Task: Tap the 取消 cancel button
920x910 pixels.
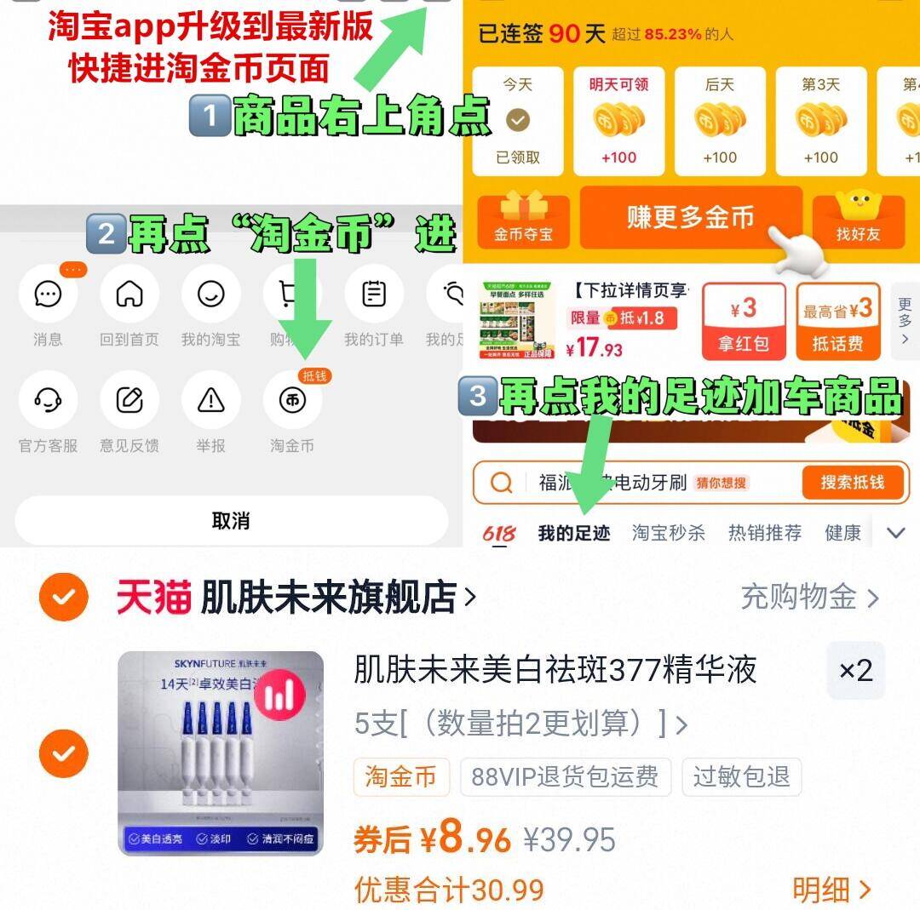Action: click(230, 520)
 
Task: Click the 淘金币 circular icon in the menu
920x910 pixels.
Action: click(292, 400)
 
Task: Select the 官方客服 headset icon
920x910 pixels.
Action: click(48, 400)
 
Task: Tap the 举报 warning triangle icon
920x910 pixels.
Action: click(210, 400)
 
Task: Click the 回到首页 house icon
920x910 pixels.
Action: click(129, 295)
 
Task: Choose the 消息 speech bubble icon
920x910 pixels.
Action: click(48, 295)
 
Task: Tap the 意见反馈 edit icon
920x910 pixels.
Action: click(129, 400)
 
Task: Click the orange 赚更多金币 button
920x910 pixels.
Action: click(691, 218)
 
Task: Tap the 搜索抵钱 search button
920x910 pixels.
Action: click(852, 483)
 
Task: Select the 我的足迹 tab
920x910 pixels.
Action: click(574, 534)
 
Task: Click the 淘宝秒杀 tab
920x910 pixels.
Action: click(669, 534)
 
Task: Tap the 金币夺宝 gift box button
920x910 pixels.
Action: click(522, 220)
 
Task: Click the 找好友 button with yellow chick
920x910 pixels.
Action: click(858, 220)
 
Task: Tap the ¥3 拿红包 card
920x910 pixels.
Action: click(744, 321)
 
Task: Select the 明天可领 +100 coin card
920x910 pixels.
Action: click(618, 121)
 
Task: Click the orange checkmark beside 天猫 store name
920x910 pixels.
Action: click(64, 597)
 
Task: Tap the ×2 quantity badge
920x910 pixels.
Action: click(855, 671)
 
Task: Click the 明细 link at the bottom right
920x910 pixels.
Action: click(831, 890)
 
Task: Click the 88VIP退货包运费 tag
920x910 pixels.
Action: click(566, 776)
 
